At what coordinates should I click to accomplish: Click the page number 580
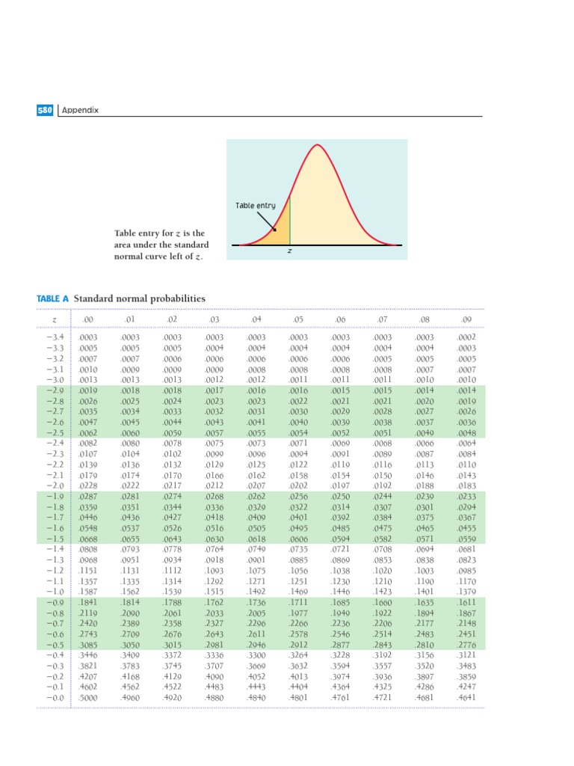pyautogui.click(x=45, y=110)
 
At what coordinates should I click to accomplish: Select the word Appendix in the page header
pyautogui.click(x=80, y=111)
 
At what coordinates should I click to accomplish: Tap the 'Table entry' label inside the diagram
pyautogui.click(x=256, y=205)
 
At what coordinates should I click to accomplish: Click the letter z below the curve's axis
pyautogui.click(x=289, y=251)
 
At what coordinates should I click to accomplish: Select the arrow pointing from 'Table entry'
pyautogui.click(x=268, y=221)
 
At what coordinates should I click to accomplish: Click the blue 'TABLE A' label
pyautogui.click(x=52, y=298)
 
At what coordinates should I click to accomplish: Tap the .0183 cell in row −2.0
pyautogui.click(x=467, y=484)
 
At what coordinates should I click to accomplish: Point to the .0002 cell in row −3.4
pyautogui.click(x=467, y=338)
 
